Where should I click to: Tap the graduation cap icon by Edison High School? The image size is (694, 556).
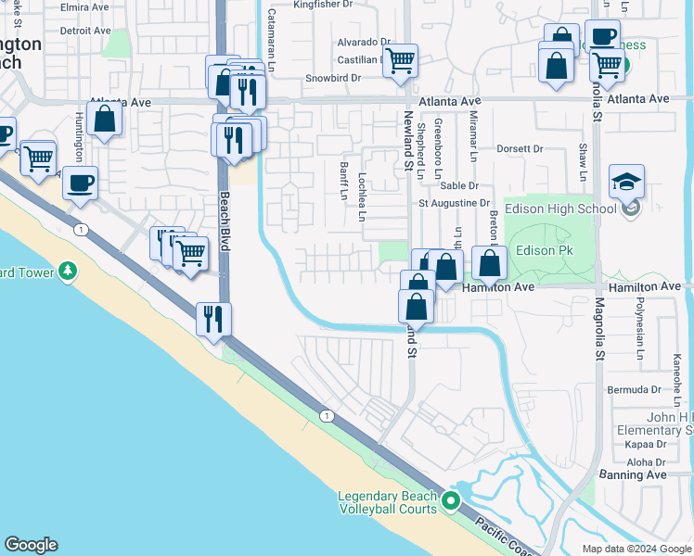pyautogui.click(x=626, y=181)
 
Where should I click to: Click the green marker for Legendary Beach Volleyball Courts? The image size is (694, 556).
pyautogui.click(x=452, y=501)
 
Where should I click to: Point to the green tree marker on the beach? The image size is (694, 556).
pyautogui.click(x=67, y=271)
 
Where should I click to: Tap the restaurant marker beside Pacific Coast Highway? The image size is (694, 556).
pyautogui.click(x=213, y=319)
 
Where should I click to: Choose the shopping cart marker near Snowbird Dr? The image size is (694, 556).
pyautogui.click(x=400, y=60)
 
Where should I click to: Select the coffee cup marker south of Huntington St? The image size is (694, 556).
pyautogui.click(x=80, y=182)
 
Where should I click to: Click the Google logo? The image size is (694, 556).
pyautogui.click(x=31, y=545)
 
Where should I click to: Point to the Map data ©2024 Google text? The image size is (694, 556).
pyautogui.click(x=636, y=549)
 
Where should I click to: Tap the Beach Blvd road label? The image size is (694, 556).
pyautogui.click(x=224, y=221)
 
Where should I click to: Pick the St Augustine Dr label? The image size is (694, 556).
pyautogui.click(x=454, y=203)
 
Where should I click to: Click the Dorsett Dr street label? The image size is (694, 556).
pyautogui.click(x=520, y=148)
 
